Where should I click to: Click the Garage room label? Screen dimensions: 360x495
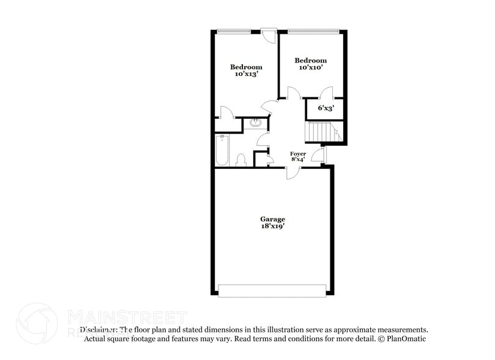point(272,219)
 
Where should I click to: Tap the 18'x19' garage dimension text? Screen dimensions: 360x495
point(272,227)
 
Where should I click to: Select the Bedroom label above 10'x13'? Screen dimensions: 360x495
point(246,67)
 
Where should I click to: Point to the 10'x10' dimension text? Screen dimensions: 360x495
point(310,68)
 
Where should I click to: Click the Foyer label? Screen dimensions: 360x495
point(297,153)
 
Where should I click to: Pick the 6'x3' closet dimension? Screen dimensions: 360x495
point(326,108)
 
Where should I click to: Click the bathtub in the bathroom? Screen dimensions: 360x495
point(221,151)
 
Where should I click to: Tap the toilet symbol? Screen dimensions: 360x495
point(240,160)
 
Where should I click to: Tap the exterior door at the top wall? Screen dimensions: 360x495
point(267,34)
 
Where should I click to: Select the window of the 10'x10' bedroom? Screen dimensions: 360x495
point(313,30)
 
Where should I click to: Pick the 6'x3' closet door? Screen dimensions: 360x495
point(326,94)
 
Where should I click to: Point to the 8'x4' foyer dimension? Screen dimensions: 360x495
point(297,159)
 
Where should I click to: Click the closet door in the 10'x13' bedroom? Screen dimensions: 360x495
point(225,113)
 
